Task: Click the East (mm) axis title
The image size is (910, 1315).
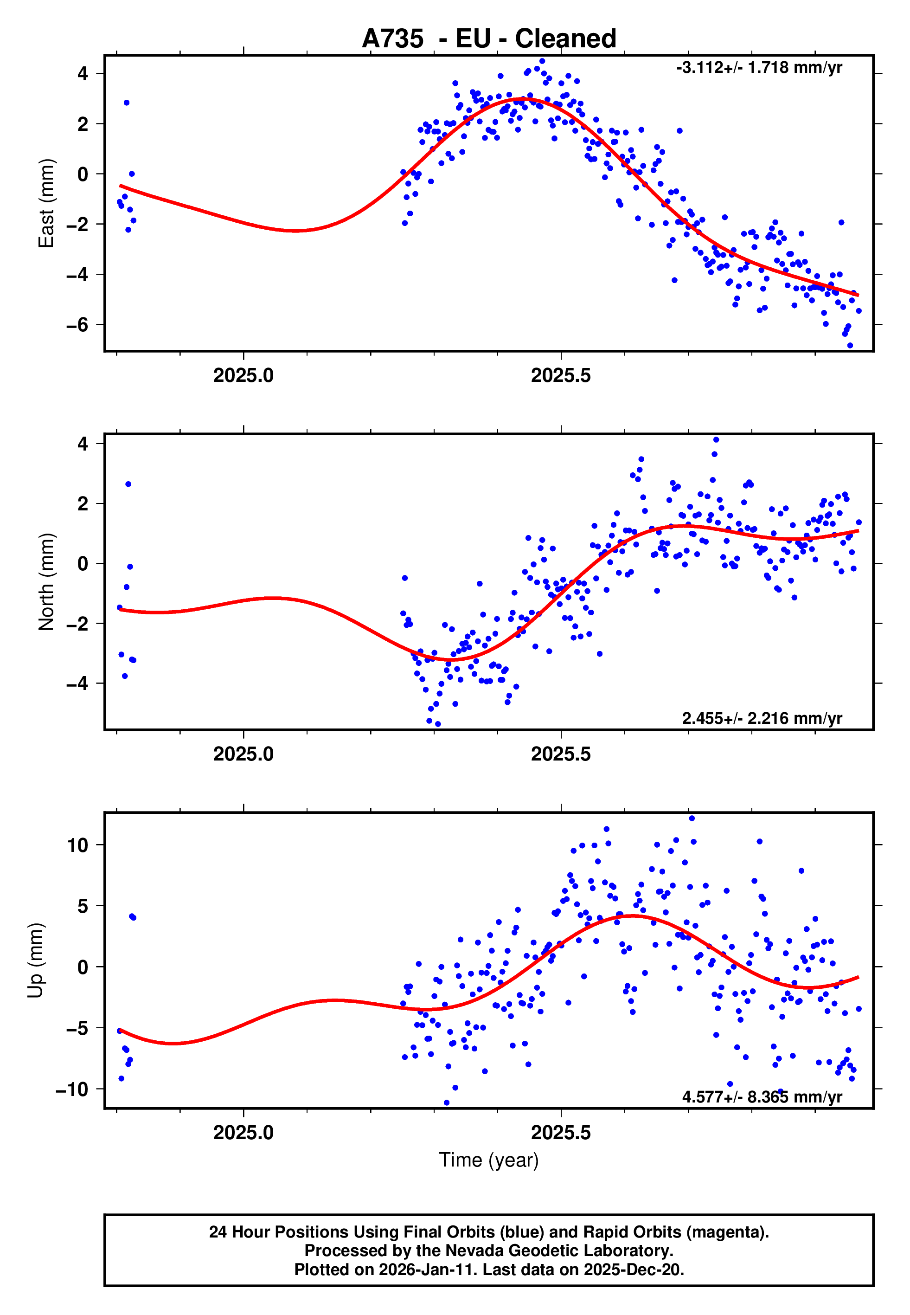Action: [x=45, y=203]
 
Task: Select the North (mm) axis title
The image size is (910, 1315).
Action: [x=45, y=582]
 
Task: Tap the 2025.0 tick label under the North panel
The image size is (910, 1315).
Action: [x=244, y=754]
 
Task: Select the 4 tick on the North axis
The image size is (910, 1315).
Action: [x=83, y=444]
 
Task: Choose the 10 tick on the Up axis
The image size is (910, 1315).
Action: [x=77, y=845]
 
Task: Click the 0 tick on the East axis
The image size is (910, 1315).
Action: [x=83, y=174]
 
